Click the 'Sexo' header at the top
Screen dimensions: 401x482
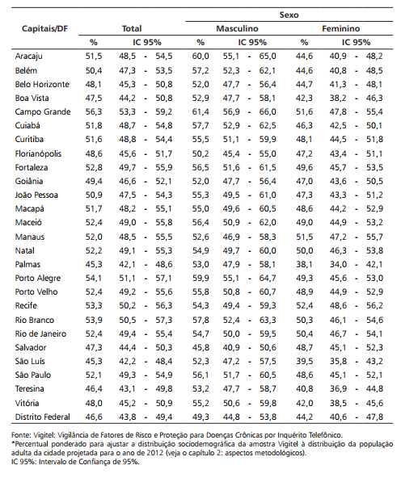289,15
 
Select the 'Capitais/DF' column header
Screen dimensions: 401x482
45,28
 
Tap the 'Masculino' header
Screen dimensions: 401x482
237,28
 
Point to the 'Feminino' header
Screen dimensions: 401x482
340,28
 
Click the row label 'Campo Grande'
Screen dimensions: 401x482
43,111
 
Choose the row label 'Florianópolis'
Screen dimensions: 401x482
38,153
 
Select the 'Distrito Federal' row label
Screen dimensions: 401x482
43,417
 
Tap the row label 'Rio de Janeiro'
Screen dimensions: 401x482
40,333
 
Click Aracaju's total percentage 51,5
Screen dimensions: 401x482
94,57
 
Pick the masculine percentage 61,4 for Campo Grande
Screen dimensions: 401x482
200,111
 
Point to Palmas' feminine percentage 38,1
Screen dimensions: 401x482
304,264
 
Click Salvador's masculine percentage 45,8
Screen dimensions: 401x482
200,348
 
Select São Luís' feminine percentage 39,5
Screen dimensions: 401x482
304,361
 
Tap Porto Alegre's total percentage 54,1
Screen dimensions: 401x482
94,279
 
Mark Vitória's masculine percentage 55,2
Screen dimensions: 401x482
200,403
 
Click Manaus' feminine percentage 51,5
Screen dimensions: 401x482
304,237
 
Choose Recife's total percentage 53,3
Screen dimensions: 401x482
94,305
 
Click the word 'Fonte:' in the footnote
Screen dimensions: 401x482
21,435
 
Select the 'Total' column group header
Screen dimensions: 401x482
132,28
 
